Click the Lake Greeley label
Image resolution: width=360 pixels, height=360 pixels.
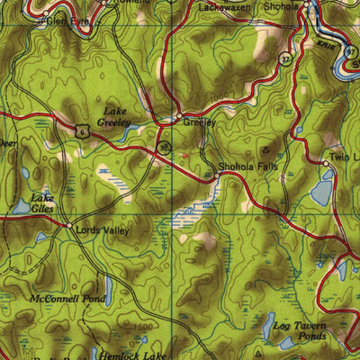click(114, 118)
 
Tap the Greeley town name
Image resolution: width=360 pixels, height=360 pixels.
click(199, 121)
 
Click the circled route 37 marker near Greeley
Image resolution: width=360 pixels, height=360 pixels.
click(163, 145)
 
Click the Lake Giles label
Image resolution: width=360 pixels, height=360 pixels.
click(41, 202)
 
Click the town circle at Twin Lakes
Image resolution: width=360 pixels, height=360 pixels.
click(326, 163)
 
